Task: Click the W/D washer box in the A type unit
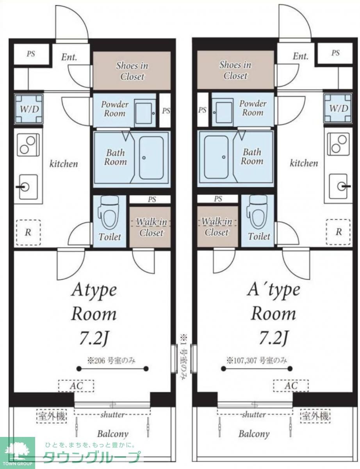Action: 29,109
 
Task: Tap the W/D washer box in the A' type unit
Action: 339,108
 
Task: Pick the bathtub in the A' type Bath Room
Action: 216,157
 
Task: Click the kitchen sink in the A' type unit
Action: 339,186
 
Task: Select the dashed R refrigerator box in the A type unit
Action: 29,233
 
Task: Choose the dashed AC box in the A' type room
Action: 291,386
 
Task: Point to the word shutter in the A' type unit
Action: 254,414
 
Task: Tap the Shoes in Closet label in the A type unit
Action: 132,71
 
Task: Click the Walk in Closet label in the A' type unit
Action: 217,227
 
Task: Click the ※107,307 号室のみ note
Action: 257,360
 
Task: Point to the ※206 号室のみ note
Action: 111,360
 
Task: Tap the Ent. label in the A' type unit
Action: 301,56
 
